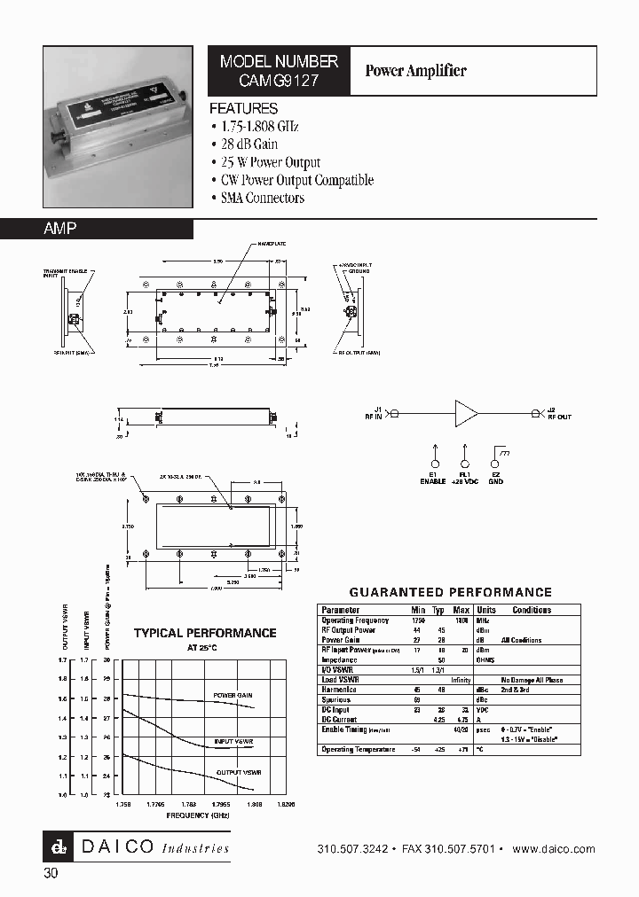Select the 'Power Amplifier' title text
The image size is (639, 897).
[x=415, y=71]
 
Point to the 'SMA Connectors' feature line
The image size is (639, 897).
[x=263, y=198]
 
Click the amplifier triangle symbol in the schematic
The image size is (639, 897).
[x=465, y=413]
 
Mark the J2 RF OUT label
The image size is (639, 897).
[x=559, y=413]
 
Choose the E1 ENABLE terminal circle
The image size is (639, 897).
[x=435, y=464]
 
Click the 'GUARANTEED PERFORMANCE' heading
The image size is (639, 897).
[x=450, y=592]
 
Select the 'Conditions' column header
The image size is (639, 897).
[x=532, y=610]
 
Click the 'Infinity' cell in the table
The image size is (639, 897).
[x=460, y=680]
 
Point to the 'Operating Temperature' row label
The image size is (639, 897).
[x=358, y=750]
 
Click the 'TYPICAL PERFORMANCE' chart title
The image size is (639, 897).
[x=205, y=633]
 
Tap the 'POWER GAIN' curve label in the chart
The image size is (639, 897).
[x=233, y=696]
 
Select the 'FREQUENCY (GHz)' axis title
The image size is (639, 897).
[x=203, y=815]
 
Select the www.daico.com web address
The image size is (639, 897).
[x=555, y=849]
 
